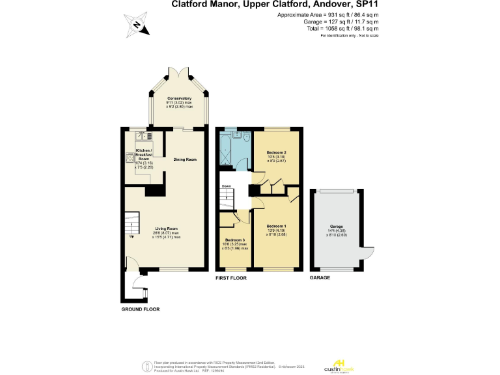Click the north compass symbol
click(x=137, y=26)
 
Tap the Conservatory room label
click(x=179, y=98)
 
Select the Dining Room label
click(x=184, y=160)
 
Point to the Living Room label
click(x=166, y=229)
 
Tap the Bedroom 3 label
click(x=235, y=240)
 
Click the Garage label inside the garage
click(x=336, y=227)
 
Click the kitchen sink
click(x=141, y=137)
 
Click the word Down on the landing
click(x=227, y=186)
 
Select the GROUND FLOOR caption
click(x=140, y=309)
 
